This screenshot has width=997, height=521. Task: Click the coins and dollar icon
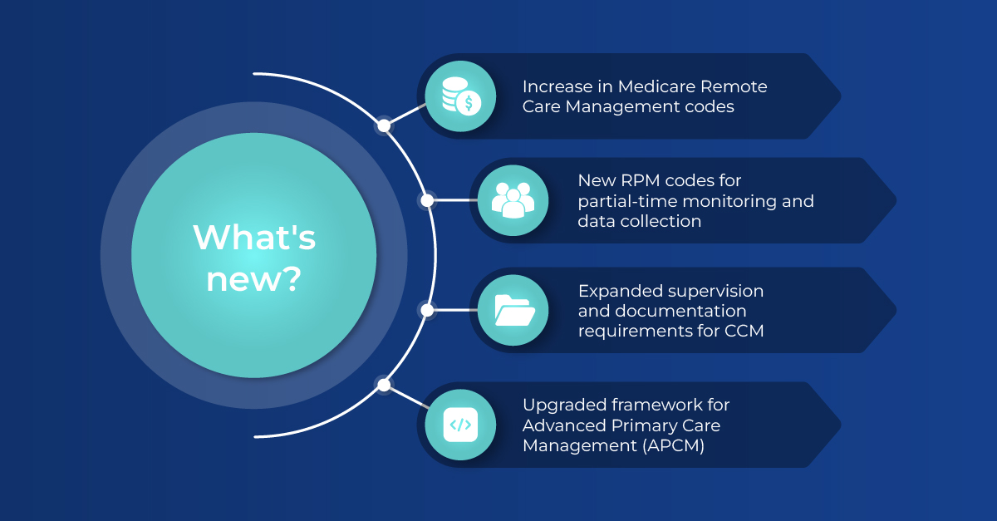[460, 96]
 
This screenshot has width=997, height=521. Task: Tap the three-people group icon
[513, 200]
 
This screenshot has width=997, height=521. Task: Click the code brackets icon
[460, 424]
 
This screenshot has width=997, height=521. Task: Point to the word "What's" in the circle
[254, 238]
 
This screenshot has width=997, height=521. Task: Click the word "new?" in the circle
[254, 280]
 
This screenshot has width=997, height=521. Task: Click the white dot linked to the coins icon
[383, 126]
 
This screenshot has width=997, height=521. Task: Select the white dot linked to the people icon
[427, 200]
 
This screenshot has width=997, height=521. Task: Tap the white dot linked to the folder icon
[427, 310]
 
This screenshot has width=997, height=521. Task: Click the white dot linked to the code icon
[383, 385]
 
